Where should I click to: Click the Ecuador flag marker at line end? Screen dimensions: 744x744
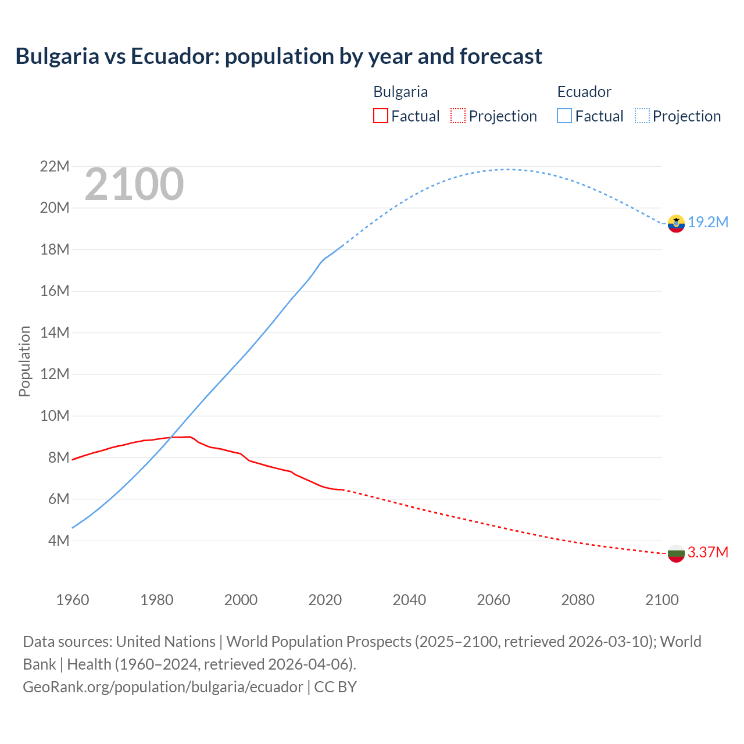[676, 223]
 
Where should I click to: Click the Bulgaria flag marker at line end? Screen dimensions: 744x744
[676, 553]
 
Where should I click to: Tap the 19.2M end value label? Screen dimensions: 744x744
[708, 222]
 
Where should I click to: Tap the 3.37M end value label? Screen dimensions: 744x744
[708, 552]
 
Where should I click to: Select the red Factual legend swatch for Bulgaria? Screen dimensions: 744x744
[380, 116]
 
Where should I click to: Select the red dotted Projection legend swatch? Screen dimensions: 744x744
[458, 116]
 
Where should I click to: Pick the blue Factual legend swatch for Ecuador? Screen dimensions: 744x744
[564, 116]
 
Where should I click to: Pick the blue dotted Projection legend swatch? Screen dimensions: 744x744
[642, 116]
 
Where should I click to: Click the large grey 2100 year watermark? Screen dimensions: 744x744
[134, 184]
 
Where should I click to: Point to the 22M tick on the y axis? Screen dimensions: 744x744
[55, 167]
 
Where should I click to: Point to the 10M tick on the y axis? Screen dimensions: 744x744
[55, 416]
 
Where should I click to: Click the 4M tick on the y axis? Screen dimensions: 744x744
[59, 541]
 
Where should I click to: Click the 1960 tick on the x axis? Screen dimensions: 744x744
[73, 600]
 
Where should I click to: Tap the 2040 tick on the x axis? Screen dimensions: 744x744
[409, 600]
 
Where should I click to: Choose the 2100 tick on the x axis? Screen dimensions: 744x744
[661, 600]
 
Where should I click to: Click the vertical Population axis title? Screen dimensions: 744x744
[24, 361]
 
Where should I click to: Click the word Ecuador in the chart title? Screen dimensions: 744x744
[168, 56]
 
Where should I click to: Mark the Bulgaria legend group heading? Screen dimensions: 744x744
[400, 92]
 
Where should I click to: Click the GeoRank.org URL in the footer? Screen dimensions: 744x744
[163, 686]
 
